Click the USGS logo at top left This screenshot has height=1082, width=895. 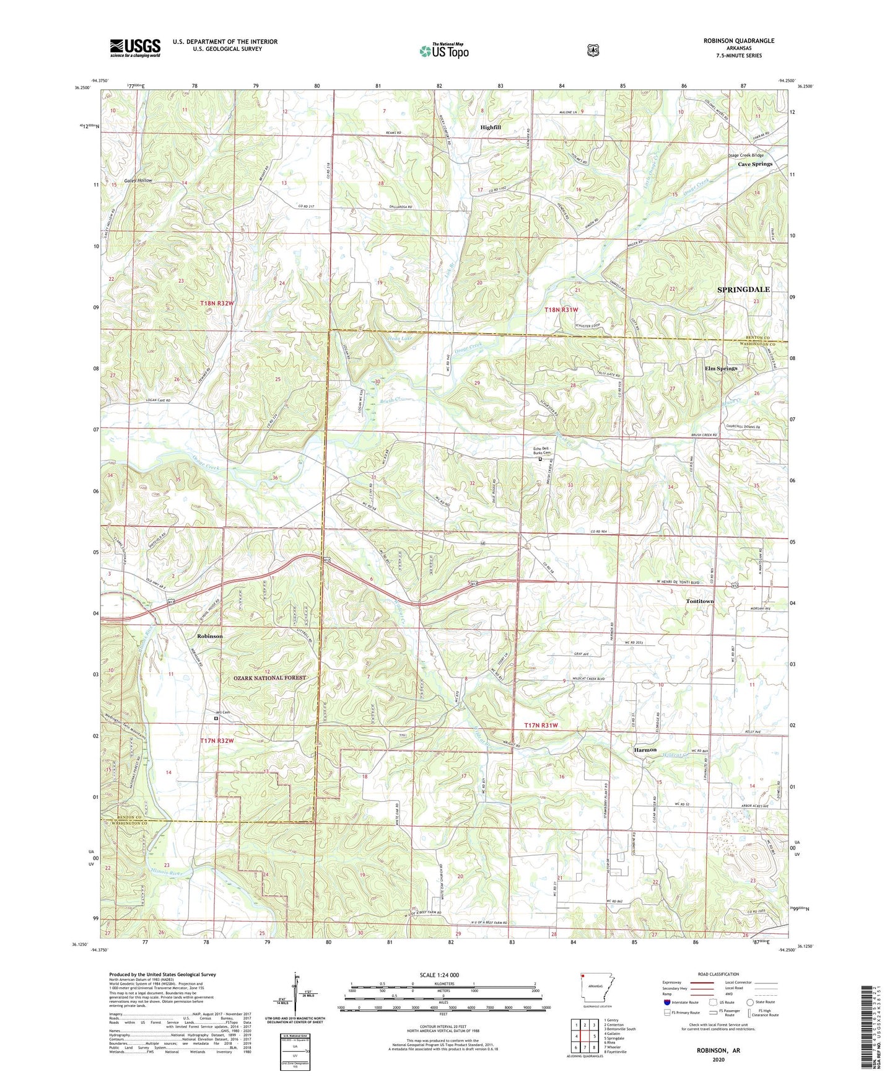135,47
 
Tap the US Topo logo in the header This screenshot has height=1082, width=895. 443,51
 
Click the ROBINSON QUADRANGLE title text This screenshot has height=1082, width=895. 738,41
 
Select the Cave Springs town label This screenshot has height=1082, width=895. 755,164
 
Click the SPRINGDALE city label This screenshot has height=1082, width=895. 743,289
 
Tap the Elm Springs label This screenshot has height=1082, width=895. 721,368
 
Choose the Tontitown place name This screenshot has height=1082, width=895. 699,602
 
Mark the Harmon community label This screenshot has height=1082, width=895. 645,750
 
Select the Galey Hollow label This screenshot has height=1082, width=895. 138,180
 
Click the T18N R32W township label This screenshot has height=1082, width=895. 217,302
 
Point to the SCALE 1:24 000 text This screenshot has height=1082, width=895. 439,975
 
